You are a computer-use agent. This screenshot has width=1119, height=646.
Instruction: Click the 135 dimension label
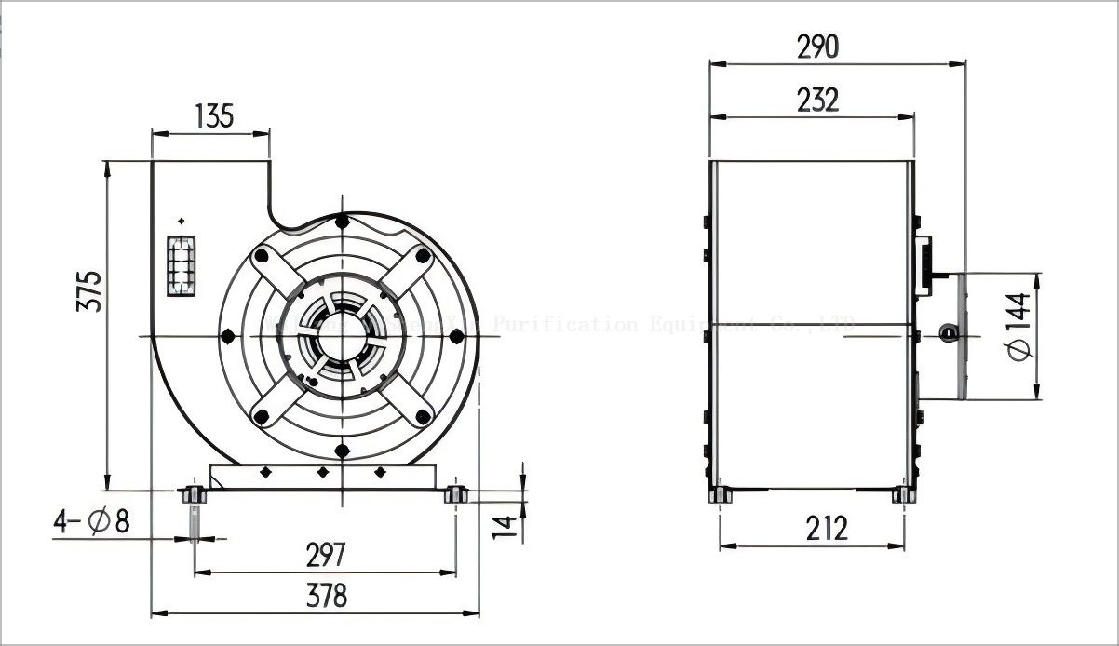(213, 116)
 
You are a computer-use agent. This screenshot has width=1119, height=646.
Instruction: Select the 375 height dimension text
(90, 291)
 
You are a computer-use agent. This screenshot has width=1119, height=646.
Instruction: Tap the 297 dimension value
(325, 555)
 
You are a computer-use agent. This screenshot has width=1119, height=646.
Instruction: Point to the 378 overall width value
(325, 596)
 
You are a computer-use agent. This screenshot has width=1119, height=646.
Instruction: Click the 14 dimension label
(504, 524)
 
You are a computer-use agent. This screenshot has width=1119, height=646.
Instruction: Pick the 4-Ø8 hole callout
(90, 522)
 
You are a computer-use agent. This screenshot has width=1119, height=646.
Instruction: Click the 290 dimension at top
(817, 47)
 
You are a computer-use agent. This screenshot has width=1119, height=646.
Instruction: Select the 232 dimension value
(817, 100)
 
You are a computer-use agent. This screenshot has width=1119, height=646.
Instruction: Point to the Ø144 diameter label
(1018, 327)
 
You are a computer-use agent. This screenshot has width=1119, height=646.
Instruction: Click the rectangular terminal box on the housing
(182, 265)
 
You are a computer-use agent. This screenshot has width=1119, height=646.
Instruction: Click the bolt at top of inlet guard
(343, 222)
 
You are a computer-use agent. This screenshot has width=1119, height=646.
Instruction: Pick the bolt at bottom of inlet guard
(343, 451)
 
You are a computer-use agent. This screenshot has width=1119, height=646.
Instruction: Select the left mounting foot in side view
(720, 496)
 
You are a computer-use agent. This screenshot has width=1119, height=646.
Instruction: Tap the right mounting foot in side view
(902, 496)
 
